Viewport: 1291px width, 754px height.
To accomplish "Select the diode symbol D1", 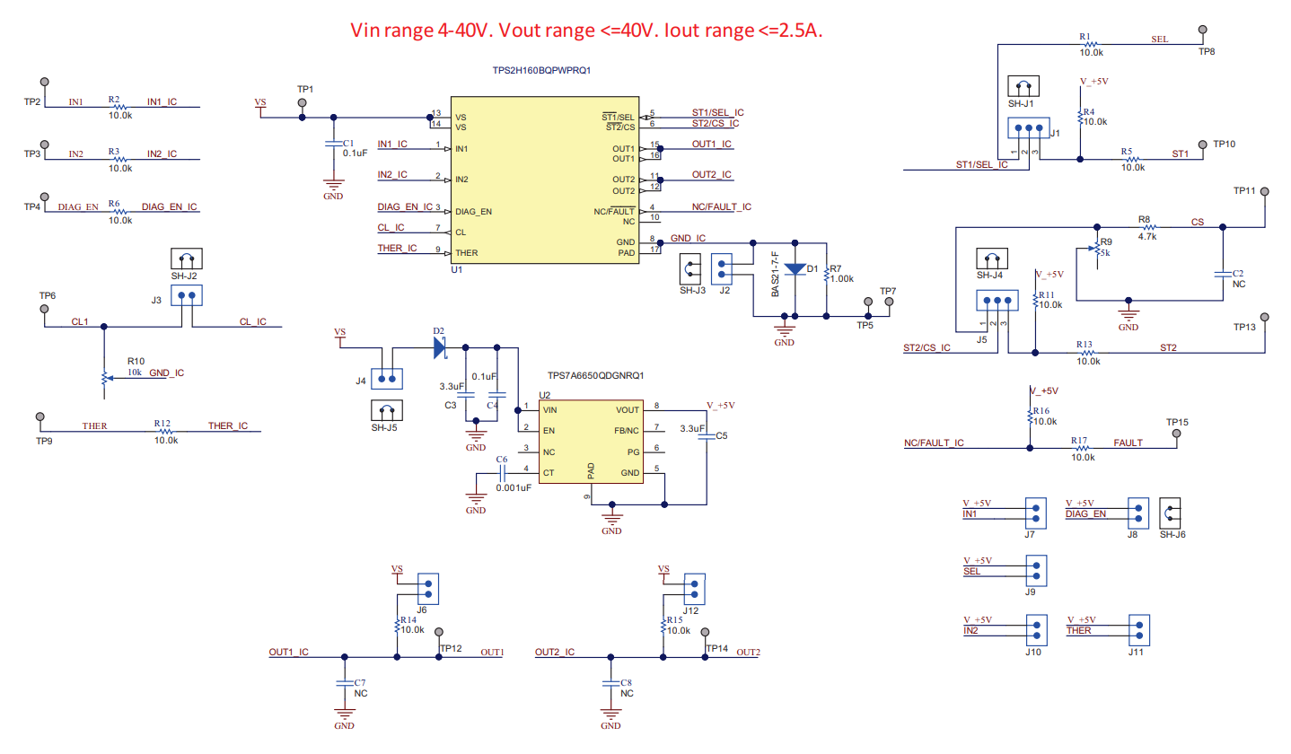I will [795, 267].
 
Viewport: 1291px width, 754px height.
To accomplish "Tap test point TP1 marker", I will [303, 102].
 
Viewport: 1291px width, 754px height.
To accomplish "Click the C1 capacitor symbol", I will [334, 143].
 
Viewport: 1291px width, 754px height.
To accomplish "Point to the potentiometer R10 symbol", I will [105, 379].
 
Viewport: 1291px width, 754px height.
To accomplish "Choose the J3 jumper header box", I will [188, 295].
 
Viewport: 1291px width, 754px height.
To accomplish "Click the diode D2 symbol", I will [440, 346].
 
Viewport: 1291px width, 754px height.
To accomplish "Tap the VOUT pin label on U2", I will [628, 408].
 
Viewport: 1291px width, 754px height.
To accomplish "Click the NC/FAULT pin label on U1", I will [615, 211].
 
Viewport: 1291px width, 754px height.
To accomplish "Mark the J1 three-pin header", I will [1023, 130].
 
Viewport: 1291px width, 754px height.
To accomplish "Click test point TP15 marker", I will [1177, 434].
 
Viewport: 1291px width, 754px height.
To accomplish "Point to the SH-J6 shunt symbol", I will [1171, 513].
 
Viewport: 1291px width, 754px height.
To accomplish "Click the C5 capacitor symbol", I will [706, 437].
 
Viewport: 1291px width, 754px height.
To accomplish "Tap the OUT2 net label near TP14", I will [748, 653].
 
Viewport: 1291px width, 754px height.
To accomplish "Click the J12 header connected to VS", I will [694, 589].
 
